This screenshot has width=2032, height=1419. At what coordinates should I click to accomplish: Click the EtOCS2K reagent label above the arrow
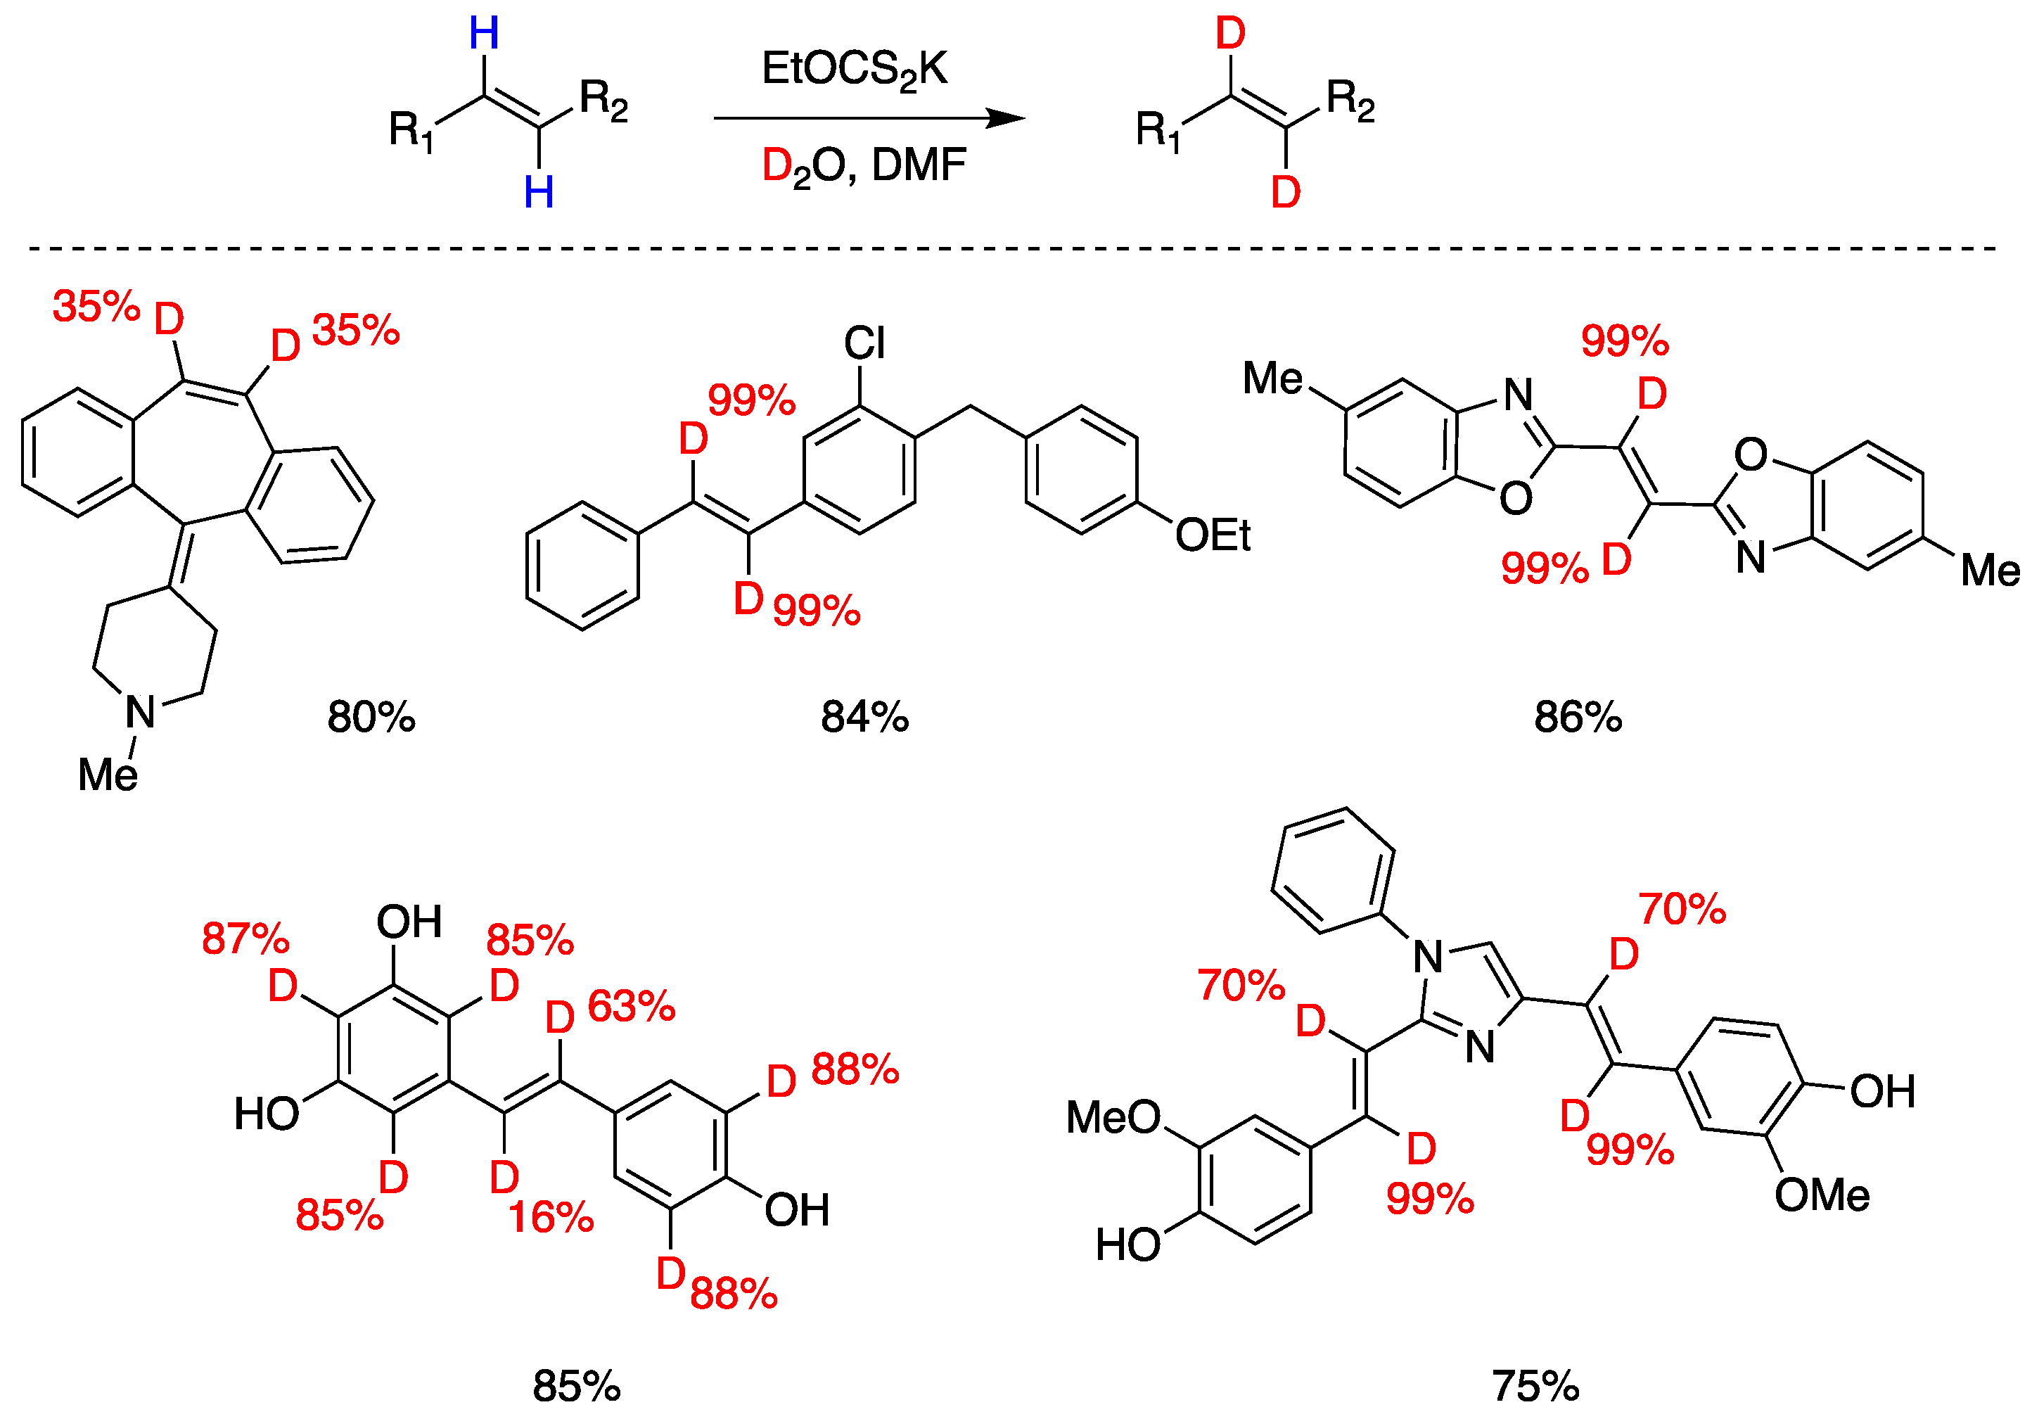click(x=854, y=70)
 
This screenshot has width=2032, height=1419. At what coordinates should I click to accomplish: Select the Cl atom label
click(x=864, y=343)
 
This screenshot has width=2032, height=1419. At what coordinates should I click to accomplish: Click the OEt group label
click(x=1212, y=535)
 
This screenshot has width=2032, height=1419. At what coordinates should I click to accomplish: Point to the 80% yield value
click(x=371, y=717)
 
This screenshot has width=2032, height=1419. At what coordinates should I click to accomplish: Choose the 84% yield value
click(x=864, y=717)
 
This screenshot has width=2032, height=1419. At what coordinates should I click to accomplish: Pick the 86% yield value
click(x=1578, y=717)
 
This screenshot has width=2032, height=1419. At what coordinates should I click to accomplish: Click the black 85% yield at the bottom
click(x=576, y=1386)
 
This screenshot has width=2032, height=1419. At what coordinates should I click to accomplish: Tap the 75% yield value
click(x=1535, y=1386)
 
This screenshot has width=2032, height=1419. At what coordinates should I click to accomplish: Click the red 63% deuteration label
click(x=631, y=1007)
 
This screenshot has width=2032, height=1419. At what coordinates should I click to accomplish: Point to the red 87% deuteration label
click(x=245, y=938)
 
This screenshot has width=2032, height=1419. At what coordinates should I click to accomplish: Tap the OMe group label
click(x=1822, y=1195)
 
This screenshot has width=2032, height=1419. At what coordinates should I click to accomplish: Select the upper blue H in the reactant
click(x=484, y=34)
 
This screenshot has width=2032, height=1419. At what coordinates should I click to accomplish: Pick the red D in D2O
click(x=777, y=165)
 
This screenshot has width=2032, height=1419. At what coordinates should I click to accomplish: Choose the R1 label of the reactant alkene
click(x=411, y=130)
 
